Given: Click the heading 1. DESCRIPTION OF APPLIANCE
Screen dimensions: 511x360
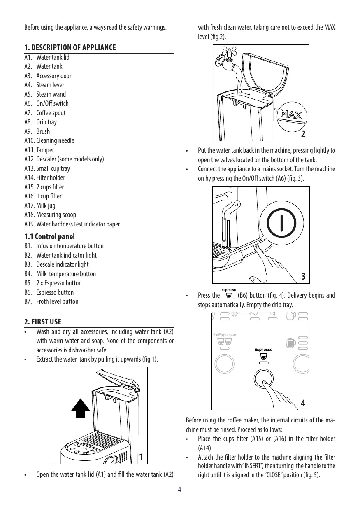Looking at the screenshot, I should click(x=70, y=48).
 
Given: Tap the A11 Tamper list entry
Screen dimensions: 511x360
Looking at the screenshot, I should click(x=39, y=150).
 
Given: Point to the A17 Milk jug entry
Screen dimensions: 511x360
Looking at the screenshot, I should click(x=40, y=205).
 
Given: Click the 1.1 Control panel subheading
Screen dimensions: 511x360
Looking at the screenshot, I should click(x=49, y=237).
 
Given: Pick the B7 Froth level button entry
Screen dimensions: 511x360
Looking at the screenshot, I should click(x=51, y=301).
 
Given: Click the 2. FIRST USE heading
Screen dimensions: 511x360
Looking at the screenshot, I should click(x=43, y=321).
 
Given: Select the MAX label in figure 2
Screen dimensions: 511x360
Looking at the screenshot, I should click(x=291, y=113).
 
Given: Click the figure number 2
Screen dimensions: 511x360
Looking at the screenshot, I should click(x=303, y=134).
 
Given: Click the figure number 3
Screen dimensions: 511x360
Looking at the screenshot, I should click(x=303, y=276).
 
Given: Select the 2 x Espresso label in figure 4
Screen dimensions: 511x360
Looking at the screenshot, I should click(x=224, y=335).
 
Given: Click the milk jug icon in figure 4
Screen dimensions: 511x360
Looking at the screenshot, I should click(x=290, y=343).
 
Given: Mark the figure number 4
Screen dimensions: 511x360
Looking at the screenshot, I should click(x=303, y=403).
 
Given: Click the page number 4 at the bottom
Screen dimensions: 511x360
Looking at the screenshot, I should click(x=180, y=490).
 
